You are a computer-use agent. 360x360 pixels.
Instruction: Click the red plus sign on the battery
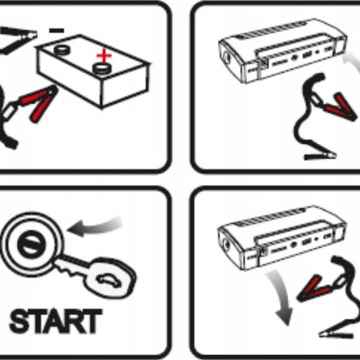coord(105,56)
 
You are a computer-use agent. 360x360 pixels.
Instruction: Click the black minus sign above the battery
coord(56,30)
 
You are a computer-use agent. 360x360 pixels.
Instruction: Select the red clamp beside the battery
coord(37,103)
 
